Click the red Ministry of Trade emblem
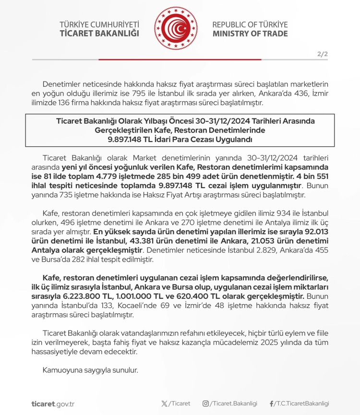(175, 29)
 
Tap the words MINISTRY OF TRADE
(250, 34)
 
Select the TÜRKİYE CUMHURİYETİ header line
(99, 24)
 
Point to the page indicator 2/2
(323, 54)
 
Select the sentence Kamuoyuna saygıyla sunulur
(90, 370)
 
